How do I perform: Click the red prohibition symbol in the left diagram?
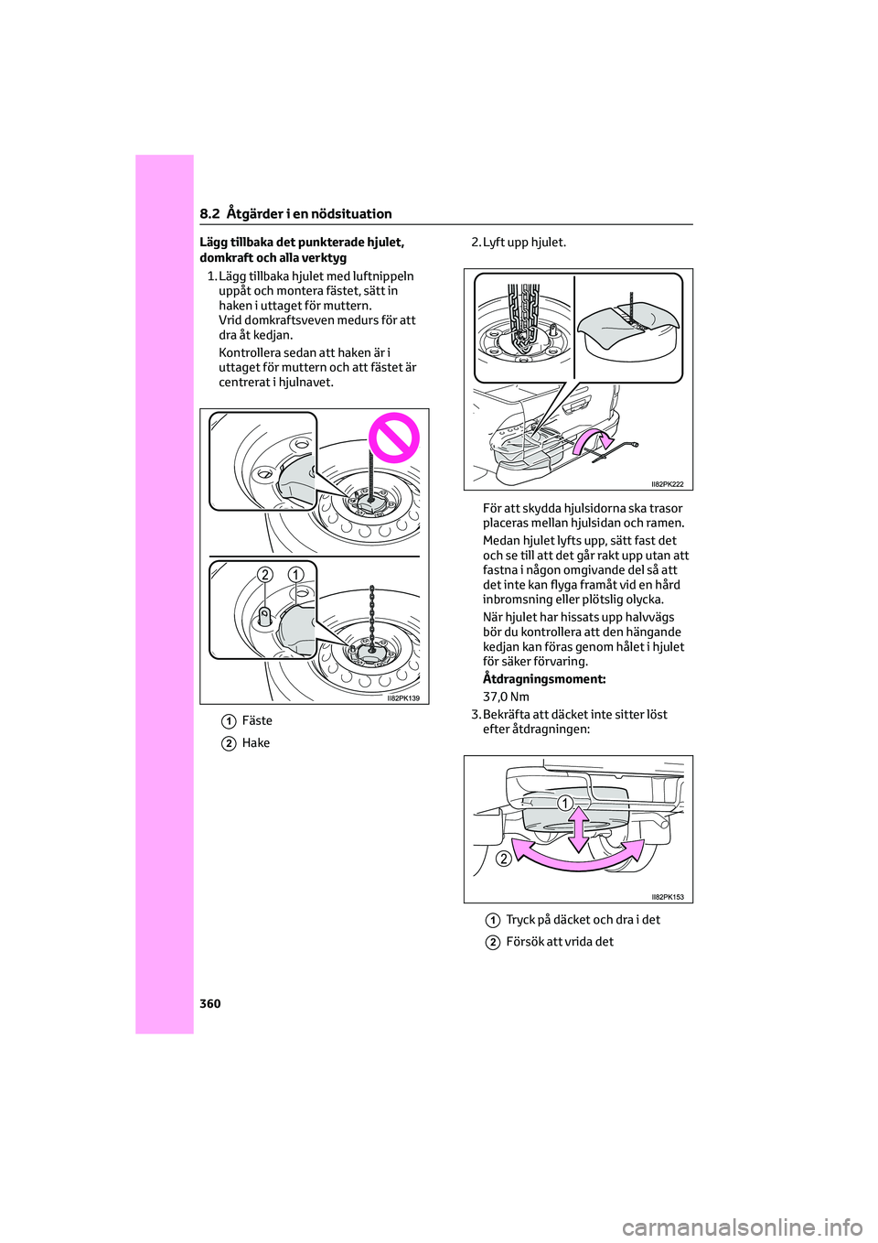394,438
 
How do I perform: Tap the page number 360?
210,1004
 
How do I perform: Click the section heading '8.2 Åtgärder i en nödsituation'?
295,213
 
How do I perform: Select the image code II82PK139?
402,698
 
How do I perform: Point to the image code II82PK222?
667,484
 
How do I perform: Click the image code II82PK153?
667,897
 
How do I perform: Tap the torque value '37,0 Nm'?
506,697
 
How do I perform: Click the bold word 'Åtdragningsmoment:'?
544,679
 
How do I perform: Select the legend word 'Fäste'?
257,721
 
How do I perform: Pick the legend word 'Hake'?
256,743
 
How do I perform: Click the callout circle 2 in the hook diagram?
265,575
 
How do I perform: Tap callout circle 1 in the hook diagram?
296,575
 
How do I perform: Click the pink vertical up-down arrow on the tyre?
579,828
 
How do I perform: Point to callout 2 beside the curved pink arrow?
504,859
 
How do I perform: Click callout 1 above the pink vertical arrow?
565,804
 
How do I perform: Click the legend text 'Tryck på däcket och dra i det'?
583,920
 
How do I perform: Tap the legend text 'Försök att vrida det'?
560,942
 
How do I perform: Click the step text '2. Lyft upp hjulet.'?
519,243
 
